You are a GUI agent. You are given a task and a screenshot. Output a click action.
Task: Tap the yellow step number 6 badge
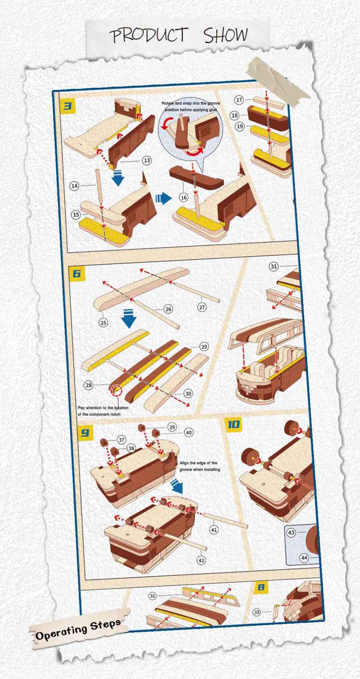pyautogui.click(x=77, y=273)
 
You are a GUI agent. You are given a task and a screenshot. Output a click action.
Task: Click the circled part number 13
pyautogui.click(x=146, y=160)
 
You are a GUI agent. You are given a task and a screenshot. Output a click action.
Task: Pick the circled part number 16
pyautogui.click(x=184, y=197)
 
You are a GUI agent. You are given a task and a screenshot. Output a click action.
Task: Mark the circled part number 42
pyautogui.click(x=201, y=560)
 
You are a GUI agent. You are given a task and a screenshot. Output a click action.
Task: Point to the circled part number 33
pyautogui.click(x=257, y=612)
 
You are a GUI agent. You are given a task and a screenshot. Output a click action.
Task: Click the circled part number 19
pyautogui.click(x=240, y=126)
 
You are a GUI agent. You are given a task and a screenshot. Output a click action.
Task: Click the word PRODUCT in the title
pyautogui.click(x=148, y=35)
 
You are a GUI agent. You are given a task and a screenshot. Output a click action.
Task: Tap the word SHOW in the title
pyautogui.click(x=226, y=35)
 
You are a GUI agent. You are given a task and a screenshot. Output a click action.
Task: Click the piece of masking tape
pyautogui.click(x=278, y=79)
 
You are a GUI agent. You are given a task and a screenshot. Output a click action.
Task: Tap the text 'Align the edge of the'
pyautogui.click(x=199, y=463)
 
